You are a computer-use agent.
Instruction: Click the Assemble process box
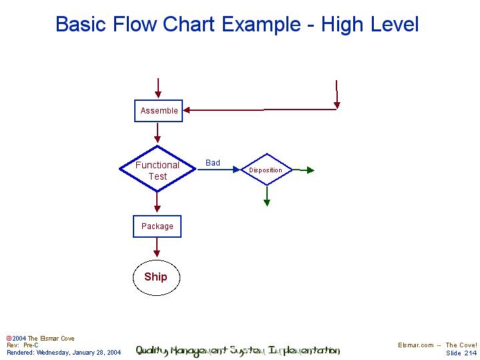point(159,111)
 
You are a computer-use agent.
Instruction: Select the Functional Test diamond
point(158,170)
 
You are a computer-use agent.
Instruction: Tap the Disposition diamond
point(266,170)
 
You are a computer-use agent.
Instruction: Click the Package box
point(157,226)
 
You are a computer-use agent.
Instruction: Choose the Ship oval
point(156,277)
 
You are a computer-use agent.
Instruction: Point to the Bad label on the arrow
point(213,163)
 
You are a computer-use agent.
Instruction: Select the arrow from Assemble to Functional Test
point(158,132)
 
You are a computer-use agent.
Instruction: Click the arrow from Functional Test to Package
point(158,202)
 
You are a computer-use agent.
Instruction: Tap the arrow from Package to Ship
point(157,247)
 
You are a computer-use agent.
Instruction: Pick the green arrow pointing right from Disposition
point(304,170)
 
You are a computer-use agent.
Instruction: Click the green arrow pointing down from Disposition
point(267,196)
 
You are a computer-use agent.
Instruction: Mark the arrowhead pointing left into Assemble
point(188,110)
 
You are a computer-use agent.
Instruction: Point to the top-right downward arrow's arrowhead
point(337,104)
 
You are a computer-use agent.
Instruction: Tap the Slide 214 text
point(461,353)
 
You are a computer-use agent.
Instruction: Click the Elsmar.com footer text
point(416,345)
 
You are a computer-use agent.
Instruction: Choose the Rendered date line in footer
point(64,352)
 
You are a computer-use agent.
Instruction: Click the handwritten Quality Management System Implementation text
point(238,351)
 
